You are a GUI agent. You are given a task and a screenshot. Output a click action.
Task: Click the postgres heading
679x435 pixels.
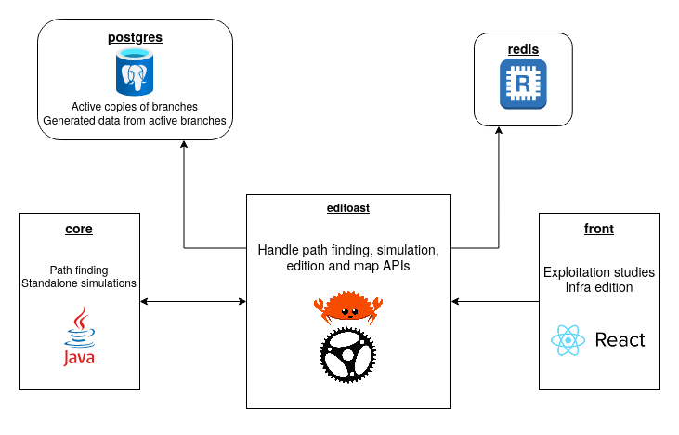tap(135, 38)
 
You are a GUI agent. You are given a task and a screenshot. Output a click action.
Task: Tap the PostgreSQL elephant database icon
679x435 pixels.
tap(135, 72)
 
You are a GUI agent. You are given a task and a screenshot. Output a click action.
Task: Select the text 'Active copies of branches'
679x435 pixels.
tap(135, 106)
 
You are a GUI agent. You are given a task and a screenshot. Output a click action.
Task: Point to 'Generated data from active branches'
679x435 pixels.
tap(135, 121)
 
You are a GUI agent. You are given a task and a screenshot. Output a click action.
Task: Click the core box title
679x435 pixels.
tap(78, 228)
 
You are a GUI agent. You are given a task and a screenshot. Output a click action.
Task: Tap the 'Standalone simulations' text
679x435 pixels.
tap(78, 283)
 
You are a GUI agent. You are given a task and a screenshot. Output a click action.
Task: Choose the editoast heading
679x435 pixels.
tap(348, 208)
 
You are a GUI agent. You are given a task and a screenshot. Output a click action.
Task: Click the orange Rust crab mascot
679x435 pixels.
tap(348, 306)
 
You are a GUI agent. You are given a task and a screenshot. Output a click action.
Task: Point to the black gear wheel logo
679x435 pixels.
tap(348, 356)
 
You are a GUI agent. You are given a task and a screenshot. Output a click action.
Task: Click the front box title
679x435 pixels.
tap(599, 228)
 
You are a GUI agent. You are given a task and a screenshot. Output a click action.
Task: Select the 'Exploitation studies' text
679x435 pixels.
tap(599, 272)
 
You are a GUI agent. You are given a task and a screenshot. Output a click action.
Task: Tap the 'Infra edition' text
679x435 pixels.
tap(599, 287)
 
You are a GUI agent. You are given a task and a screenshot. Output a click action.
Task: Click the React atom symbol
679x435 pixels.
tap(567, 340)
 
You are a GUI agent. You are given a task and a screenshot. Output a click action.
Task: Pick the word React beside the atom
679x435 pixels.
tap(620, 340)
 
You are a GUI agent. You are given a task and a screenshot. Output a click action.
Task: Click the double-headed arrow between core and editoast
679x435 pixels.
tap(192, 301)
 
